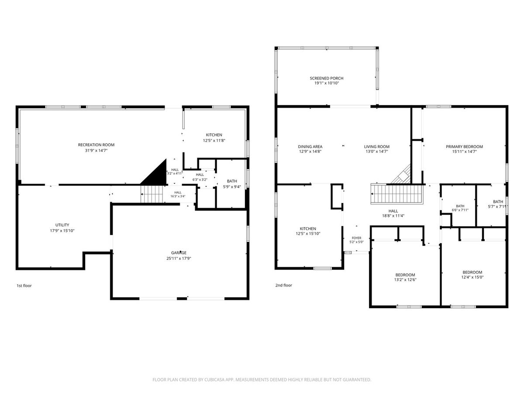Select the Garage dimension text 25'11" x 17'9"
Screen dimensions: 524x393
pos(179,259)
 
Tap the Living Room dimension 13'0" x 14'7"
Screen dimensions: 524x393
pos(377,152)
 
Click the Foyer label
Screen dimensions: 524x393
pos(356,238)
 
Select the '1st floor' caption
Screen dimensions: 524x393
pos(24,286)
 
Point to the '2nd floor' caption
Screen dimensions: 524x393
pos(283,285)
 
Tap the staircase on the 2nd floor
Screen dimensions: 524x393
pos(396,194)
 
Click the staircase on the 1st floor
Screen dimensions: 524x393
pos(152,194)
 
